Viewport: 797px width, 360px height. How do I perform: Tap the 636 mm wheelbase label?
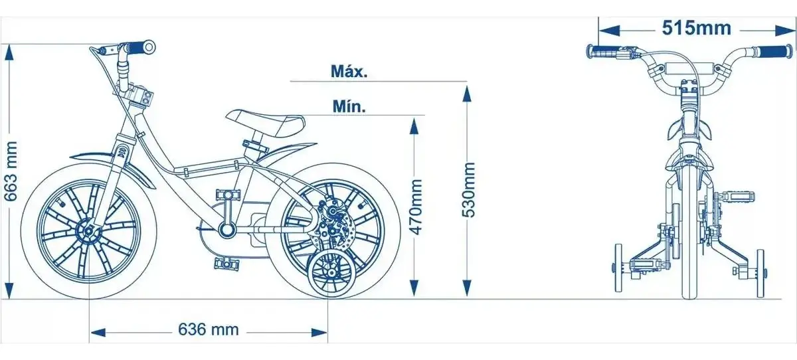click(x=209, y=329)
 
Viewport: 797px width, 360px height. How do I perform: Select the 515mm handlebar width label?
click(x=696, y=28)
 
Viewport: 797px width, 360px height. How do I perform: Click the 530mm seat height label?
click(x=468, y=189)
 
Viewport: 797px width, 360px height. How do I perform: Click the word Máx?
click(x=349, y=72)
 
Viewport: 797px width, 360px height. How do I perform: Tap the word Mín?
click(x=349, y=106)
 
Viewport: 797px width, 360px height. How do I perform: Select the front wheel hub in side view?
click(x=88, y=232)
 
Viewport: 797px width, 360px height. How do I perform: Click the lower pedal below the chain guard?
click(x=226, y=263)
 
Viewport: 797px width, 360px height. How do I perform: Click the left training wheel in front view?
click(x=618, y=268)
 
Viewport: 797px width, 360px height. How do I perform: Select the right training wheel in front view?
click(x=760, y=273)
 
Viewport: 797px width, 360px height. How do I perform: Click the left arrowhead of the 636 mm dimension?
click(x=98, y=333)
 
